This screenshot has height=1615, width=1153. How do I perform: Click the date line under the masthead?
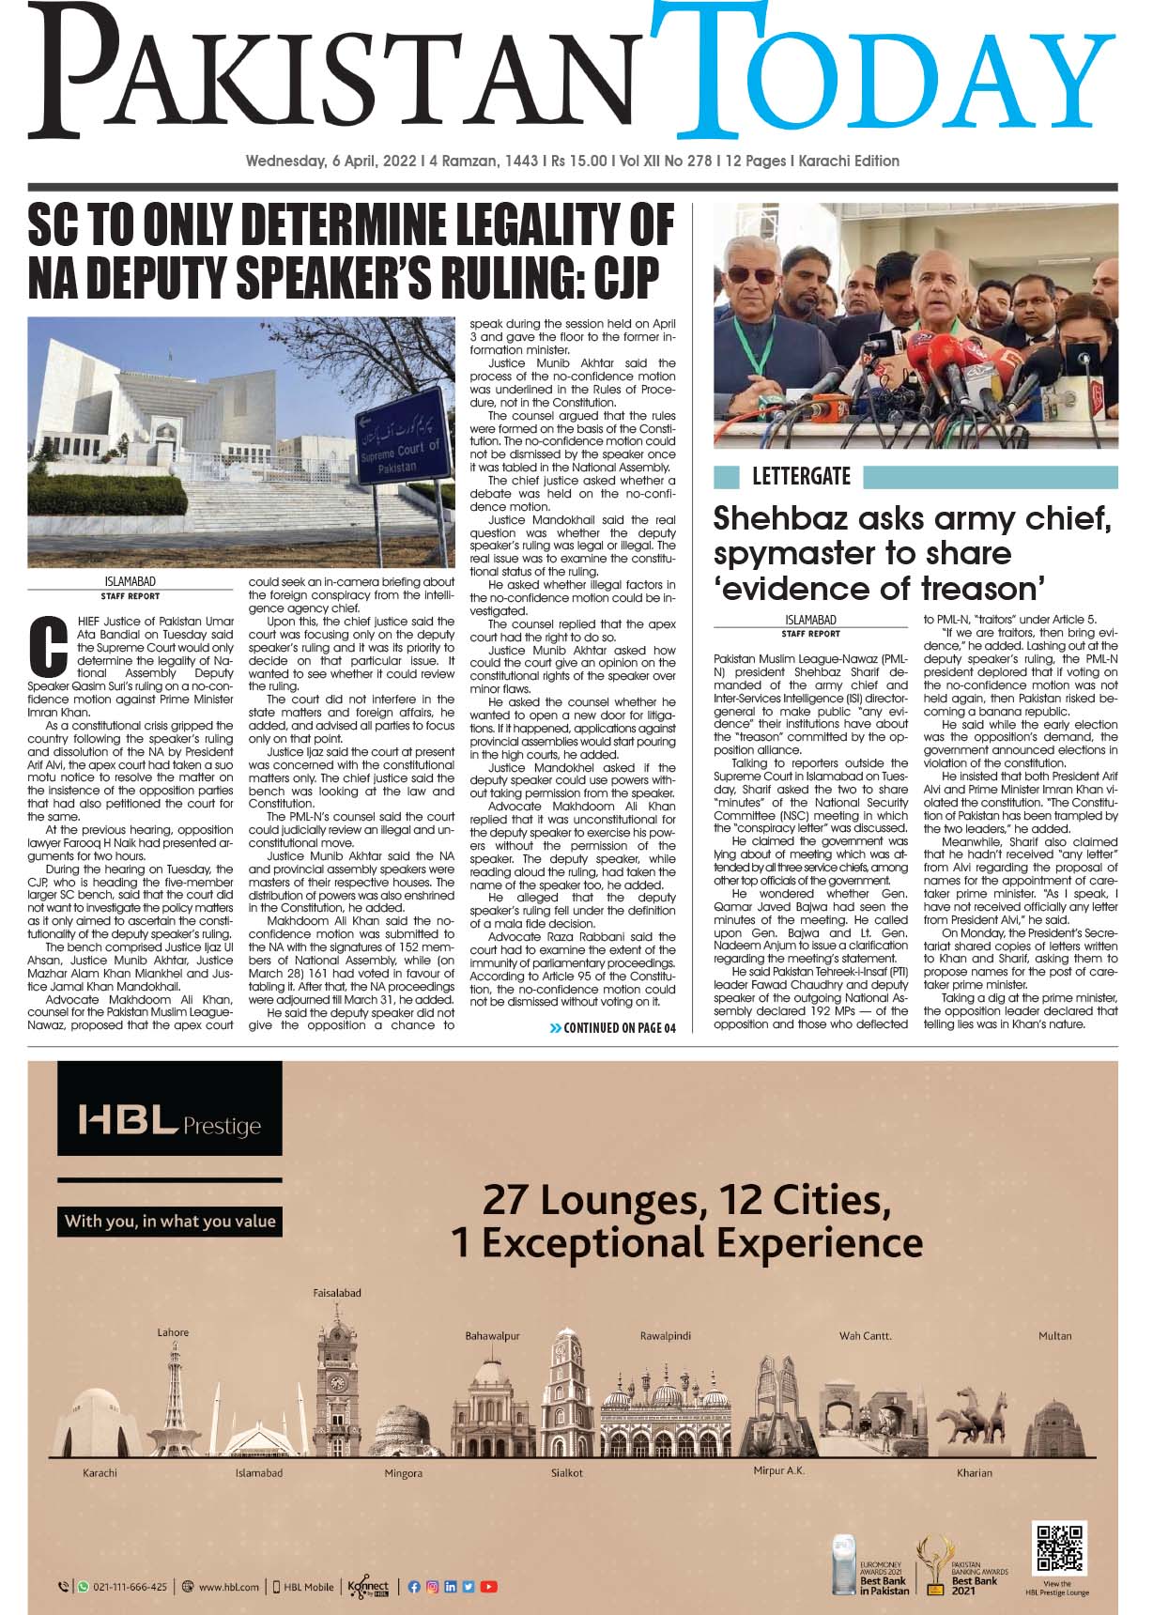click(x=572, y=161)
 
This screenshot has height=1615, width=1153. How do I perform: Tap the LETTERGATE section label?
click(x=801, y=477)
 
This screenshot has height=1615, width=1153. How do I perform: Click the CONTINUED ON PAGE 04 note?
click(x=612, y=1028)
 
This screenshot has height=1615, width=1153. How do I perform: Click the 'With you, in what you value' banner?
click(x=170, y=1222)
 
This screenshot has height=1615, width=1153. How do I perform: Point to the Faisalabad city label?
click(x=337, y=1293)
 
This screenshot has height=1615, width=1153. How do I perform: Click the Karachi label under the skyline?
click(x=100, y=1472)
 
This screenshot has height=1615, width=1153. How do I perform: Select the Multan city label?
click(x=1054, y=1335)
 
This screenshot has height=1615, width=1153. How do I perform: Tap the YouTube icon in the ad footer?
click(x=489, y=1587)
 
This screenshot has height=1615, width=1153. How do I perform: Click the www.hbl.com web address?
click(x=227, y=1587)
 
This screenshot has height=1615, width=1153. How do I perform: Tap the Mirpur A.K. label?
click(x=779, y=1470)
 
